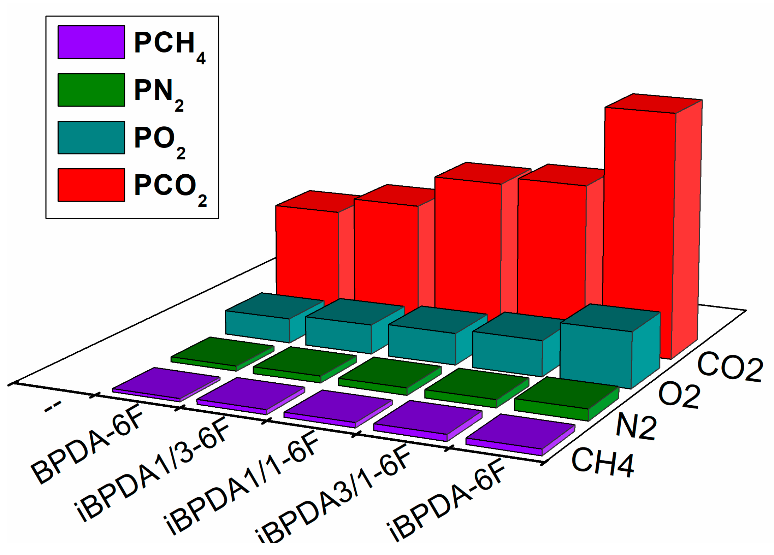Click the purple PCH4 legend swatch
click(91, 42)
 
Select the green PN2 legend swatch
click(91, 90)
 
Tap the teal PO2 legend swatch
click(91, 138)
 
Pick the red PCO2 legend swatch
click(91, 185)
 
